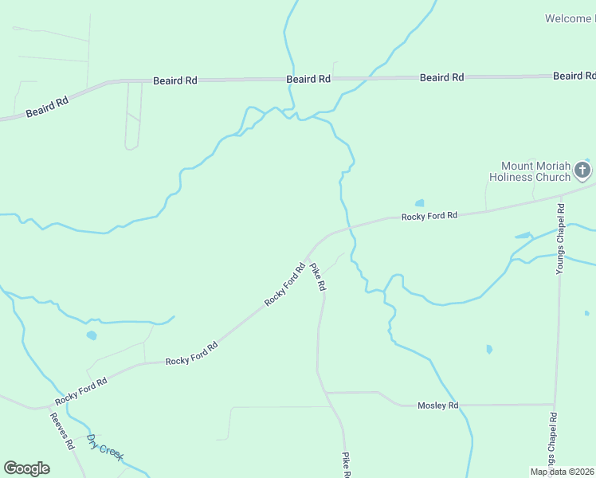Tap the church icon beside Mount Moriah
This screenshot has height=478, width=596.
(582, 170)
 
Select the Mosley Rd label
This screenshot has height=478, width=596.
(438, 406)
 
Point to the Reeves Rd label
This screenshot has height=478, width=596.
(61, 431)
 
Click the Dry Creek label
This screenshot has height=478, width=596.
(105, 448)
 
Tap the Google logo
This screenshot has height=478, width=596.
(26, 468)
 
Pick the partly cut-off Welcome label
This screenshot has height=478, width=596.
(570, 18)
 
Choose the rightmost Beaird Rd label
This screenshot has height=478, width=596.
(574, 76)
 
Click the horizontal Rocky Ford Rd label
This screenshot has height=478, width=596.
(429, 216)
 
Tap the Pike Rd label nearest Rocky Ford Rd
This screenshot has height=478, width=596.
(318, 276)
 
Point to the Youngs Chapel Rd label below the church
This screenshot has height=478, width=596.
(561, 240)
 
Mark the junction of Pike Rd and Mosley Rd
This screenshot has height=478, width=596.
(325, 393)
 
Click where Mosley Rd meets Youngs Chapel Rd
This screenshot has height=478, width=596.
(555, 405)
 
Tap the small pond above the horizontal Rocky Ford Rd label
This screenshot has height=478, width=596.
(419, 203)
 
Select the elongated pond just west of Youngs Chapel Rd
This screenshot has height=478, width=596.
(523, 236)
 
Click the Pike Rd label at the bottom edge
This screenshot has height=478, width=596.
(347, 465)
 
